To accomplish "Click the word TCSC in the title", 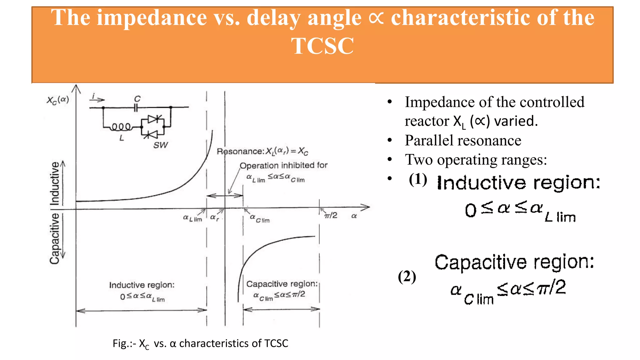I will click(x=322, y=46).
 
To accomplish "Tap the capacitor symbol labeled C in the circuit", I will click(x=136, y=107).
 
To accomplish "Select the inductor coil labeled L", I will click(x=121, y=127).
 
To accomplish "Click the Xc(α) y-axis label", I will click(x=57, y=100).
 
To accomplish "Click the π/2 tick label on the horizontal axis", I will click(x=331, y=215).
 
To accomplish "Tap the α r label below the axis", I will click(x=214, y=217).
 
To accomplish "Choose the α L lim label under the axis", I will click(x=192, y=218).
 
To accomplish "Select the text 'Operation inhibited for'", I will click(x=283, y=165).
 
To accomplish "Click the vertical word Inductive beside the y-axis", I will click(x=55, y=183).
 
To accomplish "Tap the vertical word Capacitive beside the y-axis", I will click(x=54, y=238).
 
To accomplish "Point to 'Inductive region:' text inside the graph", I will click(x=142, y=285).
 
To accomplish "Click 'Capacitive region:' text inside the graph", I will click(x=282, y=284).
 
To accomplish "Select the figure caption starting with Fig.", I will click(x=200, y=343).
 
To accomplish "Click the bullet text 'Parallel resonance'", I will click(x=463, y=140).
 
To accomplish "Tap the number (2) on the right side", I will click(x=407, y=277).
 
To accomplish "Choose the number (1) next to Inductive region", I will click(x=418, y=179).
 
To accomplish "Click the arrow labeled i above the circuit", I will click(x=97, y=98).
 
